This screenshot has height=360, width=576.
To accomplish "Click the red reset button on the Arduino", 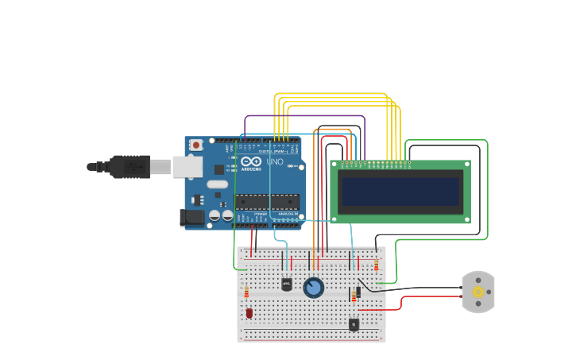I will pos(195,145).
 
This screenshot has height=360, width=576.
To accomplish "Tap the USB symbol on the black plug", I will pos(133,167).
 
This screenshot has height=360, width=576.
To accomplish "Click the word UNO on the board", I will pos(275,162).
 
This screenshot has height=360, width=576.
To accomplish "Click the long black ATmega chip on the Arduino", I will pos(267,202).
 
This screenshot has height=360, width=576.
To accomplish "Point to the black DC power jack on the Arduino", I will pos(192,217).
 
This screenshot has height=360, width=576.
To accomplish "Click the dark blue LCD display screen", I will pos(400,192).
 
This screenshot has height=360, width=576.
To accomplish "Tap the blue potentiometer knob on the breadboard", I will pos(314,288).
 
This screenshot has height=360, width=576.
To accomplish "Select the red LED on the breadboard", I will pos(249,313).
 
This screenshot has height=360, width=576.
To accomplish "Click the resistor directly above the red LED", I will pos(246,292).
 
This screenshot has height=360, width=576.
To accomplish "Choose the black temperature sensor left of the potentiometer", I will pos(287,284).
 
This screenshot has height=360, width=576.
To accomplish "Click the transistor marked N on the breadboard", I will pos(354,323).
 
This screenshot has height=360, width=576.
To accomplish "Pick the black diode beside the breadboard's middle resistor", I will pos(358,292).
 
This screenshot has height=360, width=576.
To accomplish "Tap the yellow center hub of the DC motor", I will pos(477,292).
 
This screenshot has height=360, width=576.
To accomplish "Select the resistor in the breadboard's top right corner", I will pos(376,265).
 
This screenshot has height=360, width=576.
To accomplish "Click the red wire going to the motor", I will pos(429,297).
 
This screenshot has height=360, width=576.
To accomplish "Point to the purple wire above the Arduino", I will pos(302,116).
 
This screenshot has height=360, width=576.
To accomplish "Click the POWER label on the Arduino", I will pos(261,214).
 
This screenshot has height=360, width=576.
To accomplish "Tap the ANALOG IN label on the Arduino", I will pos(288,214).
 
